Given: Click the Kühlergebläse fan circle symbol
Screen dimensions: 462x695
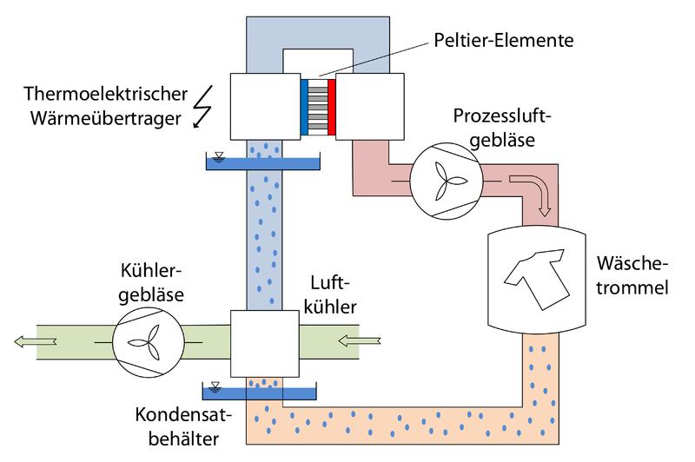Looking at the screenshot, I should pyautogui.click(x=149, y=340).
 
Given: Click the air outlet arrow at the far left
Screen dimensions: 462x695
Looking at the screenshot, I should pyautogui.click(x=33, y=340).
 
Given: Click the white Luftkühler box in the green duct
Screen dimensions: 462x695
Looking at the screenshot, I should pyautogui.click(x=263, y=341).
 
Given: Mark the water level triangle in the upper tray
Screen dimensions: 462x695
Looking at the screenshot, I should pyautogui.click(x=218, y=156).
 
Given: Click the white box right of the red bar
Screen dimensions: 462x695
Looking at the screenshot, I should pyautogui.click(x=369, y=106).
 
